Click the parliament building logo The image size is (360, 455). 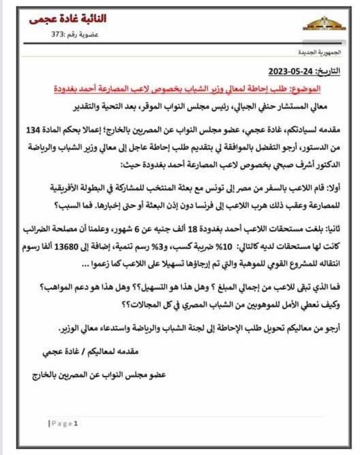click(325, 23)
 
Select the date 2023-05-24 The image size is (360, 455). click(288, 71)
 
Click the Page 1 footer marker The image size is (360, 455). click(64, 424)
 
